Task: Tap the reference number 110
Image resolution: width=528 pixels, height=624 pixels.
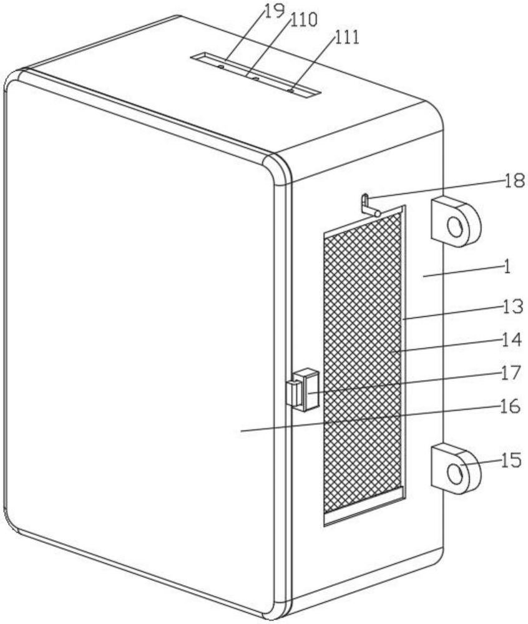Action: point(303,20)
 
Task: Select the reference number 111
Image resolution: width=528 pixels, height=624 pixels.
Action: point(346,37)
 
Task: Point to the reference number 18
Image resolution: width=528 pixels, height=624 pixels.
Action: point(514,181)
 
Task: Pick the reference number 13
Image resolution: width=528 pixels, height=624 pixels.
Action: point(512,307)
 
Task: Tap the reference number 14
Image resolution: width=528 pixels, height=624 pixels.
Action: point(511,340)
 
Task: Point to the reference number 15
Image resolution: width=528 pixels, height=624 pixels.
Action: point(511,461)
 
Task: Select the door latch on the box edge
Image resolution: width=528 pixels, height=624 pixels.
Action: point(303,390)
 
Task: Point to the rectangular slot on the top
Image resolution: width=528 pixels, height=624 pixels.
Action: point(255,74)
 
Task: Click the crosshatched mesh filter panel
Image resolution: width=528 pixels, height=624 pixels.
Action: point(363,362)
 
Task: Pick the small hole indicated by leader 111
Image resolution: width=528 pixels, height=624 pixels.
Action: point(291,90)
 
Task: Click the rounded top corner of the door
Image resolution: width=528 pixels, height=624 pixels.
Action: point(275,169)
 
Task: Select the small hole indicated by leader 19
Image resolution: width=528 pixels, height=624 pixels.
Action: point(220,67)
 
